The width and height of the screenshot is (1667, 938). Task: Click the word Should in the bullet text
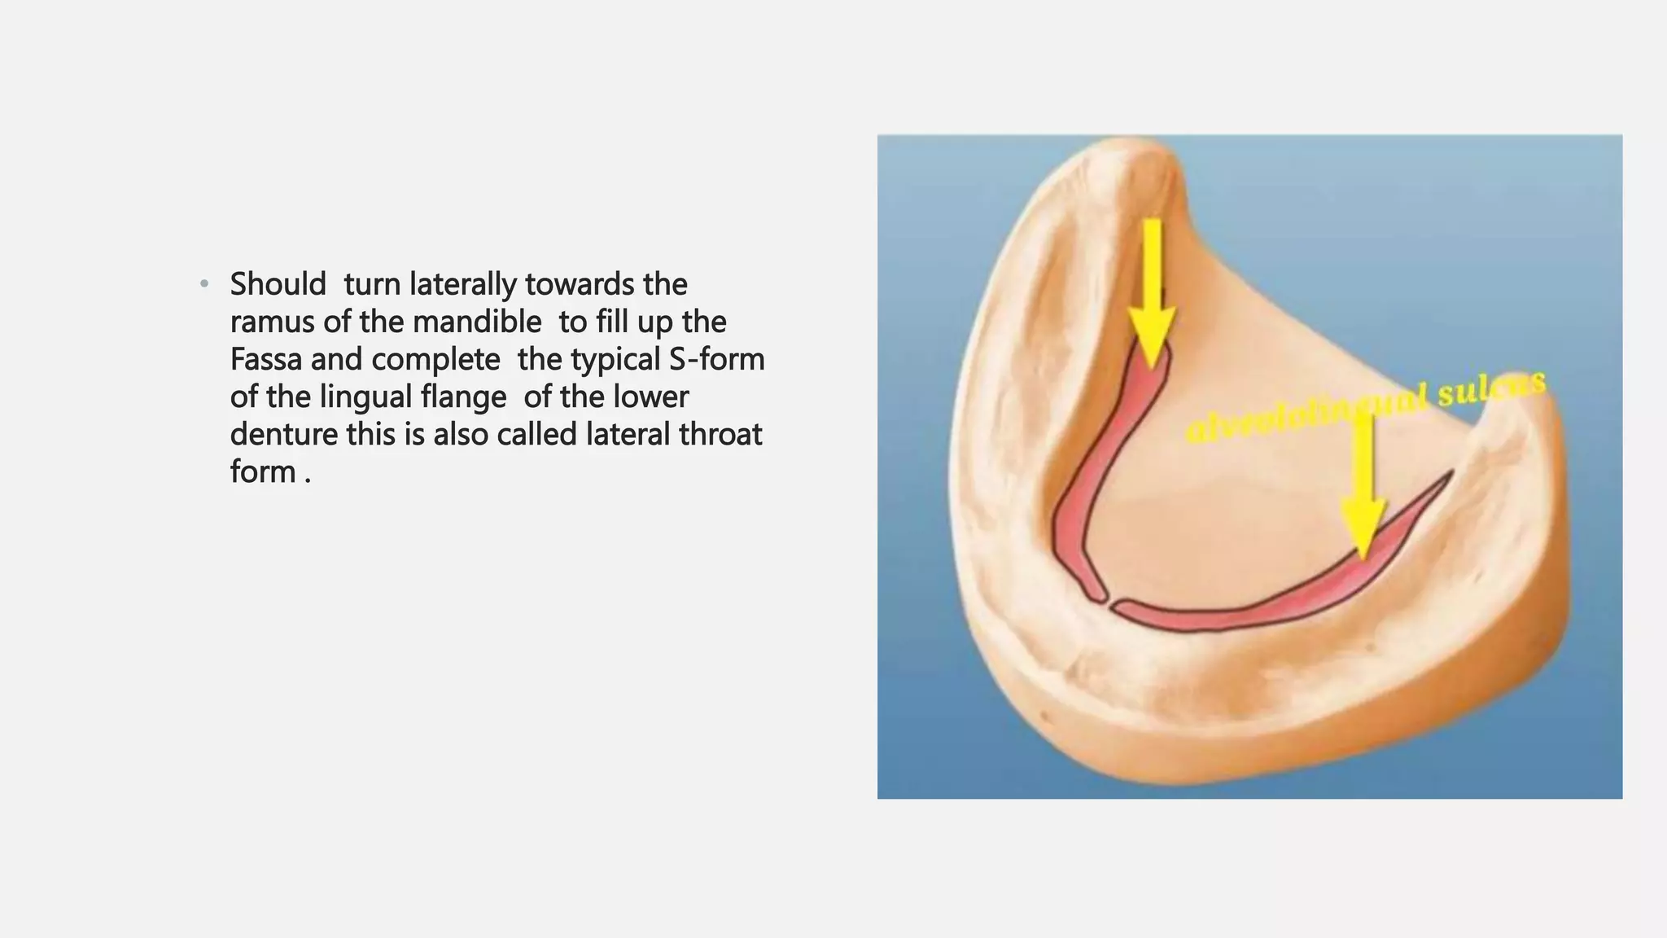pyautogui.click(x=278, y=284)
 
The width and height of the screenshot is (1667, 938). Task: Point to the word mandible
pyautogui.click(x=477, y=322)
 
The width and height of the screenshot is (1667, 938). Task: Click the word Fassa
pyautogui.click(x=265, y=360)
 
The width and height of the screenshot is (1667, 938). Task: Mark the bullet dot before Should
pyautogui.click(x=204, y=285)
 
